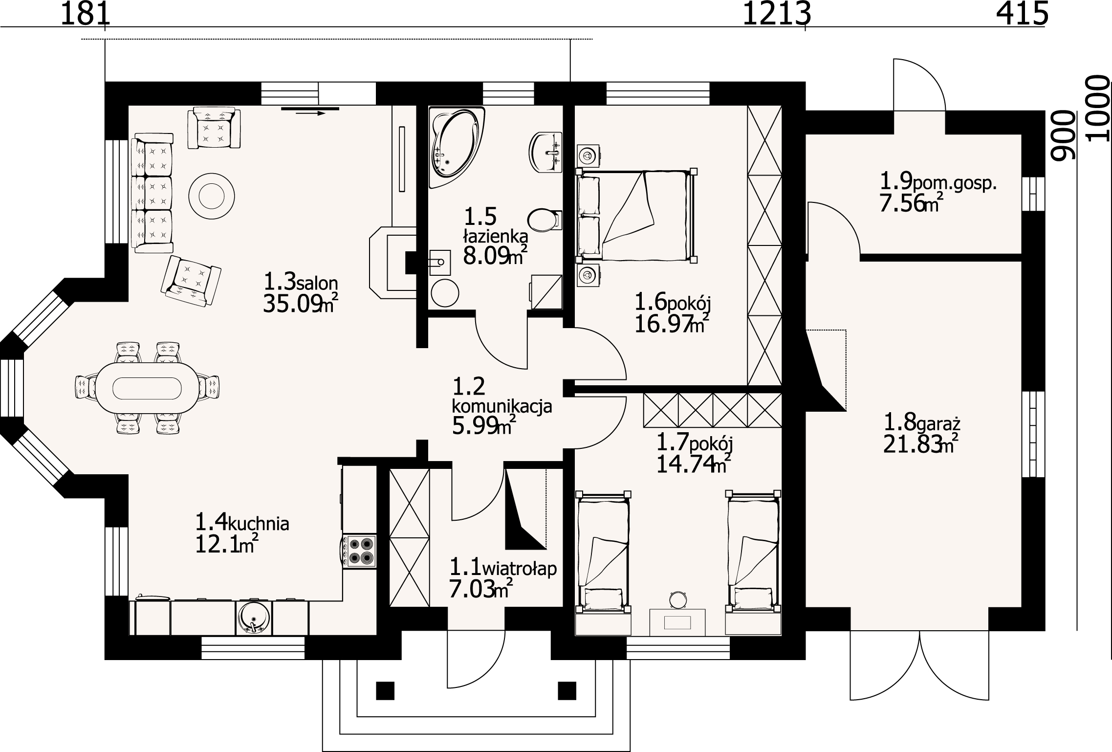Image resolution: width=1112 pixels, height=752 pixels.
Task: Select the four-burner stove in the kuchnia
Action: (359, 551)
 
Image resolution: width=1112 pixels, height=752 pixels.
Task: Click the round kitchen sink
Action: (253, 617)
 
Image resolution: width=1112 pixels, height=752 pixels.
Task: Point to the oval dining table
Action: (147, 388)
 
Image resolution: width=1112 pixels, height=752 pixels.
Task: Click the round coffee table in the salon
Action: (212, 197)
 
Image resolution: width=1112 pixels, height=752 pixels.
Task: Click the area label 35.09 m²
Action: (301, 304)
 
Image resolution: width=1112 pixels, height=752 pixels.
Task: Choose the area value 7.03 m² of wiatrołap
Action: (481, 590)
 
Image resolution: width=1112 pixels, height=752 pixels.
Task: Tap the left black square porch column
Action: (385, 690)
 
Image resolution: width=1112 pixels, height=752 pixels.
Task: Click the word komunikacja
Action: (502, 406)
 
